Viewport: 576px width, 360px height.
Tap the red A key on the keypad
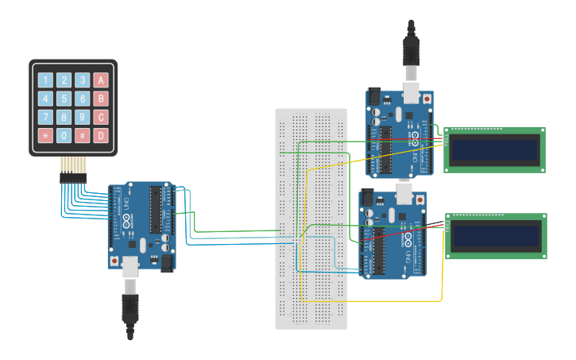click(x=101, y=80)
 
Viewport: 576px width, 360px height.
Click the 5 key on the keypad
click(x=64, y=99)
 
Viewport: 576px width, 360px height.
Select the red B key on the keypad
click(x=101, y=99)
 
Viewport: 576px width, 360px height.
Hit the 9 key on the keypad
click(x=82, y=118)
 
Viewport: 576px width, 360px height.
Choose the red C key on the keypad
click(x=101, y=118)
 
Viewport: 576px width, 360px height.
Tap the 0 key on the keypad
click(x=64, y=136)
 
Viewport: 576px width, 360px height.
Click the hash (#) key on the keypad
click(x=82, y=136)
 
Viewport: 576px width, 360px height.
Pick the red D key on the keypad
click(x=101, y=136)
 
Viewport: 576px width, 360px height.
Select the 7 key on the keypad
click(x=45, y=118)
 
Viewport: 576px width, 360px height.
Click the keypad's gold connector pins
click(x=73, y=165)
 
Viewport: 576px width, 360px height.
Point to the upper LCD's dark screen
click(x=495, y=149)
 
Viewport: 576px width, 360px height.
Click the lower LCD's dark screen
click(x=497, y=235)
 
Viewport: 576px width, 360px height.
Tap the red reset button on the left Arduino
click(x=116, y=260)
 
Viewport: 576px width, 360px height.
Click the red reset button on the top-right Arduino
click(x=427, y=99)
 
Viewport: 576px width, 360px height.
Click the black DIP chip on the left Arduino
click(x=156, y=210)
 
